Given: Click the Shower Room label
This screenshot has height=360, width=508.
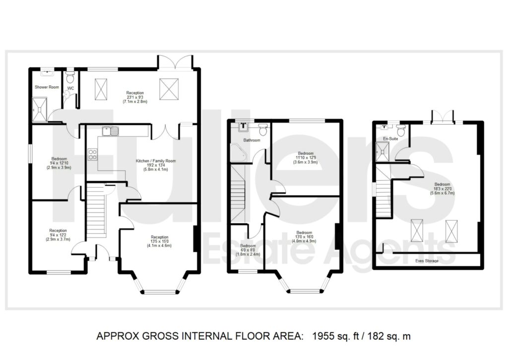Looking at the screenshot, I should click(x=47, y=87).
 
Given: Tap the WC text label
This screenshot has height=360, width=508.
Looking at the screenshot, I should click(x=70, y=89).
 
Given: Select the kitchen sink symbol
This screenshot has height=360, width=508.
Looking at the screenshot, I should click(x=110, y=132).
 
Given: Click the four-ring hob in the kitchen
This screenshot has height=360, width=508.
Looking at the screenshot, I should click(x=92, y=154).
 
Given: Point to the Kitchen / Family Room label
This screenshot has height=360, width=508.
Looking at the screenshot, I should click(x=156, y=161).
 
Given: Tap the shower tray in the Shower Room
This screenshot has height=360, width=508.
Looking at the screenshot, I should click(x=40, y=108).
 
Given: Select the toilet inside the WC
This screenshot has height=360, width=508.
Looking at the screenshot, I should click(x=70, y=77).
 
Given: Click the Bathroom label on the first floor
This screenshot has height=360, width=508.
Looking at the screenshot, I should click(x=252, y=141).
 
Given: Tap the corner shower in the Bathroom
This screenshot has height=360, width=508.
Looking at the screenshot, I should click(x=237, y=150).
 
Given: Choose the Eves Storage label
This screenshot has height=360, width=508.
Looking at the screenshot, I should click(x=427, y=260).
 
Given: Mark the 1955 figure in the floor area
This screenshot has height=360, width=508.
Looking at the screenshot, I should click(x=322, y=337).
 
